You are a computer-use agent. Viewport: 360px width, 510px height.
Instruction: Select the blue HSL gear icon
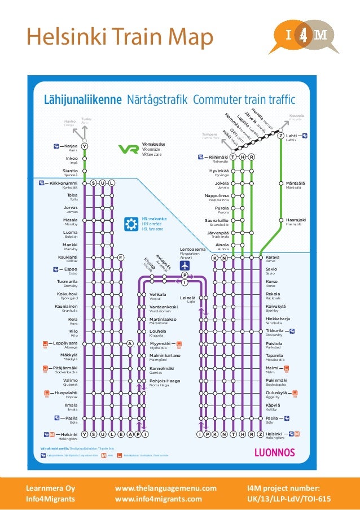[131, 224]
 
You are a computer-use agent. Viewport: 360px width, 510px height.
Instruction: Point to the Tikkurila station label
[275, 330]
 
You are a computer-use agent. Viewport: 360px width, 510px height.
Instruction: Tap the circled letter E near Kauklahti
[121, 258]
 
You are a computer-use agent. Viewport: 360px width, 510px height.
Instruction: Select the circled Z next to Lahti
[279, 136]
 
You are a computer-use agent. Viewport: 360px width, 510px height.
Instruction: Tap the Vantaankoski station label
[164, 307]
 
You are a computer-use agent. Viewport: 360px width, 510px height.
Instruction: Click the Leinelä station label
[188, 298]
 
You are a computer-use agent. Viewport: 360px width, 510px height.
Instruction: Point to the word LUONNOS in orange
[275, 452]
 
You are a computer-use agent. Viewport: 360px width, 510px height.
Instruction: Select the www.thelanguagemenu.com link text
[165, 488]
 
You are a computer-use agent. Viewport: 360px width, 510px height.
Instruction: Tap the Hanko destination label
[70, 120]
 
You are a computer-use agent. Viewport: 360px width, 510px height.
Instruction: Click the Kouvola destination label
[296, 115]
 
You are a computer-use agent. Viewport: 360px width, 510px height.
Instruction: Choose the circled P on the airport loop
[185, 275]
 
